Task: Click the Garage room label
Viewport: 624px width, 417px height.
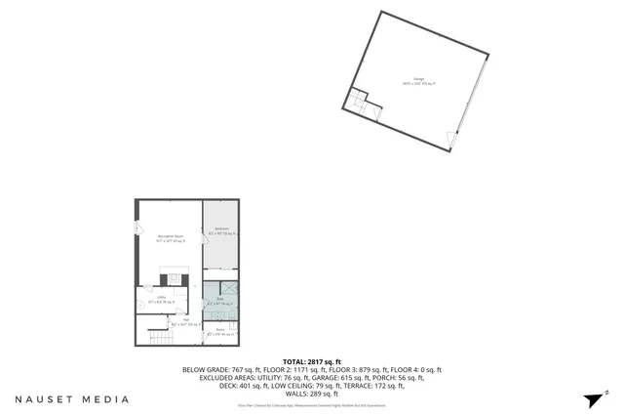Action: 419,79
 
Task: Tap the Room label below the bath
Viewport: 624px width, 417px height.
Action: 219,331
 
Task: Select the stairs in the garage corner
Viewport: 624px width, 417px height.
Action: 360,99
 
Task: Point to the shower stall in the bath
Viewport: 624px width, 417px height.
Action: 230,288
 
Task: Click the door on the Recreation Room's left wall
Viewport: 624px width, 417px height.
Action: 137,228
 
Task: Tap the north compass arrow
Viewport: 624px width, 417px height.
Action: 594,398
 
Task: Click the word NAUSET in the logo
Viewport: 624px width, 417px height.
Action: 44,398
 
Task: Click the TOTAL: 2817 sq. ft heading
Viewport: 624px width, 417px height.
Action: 312,361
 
